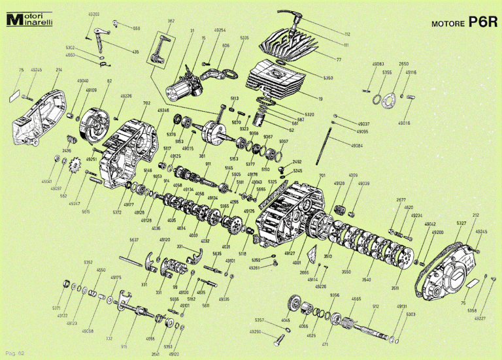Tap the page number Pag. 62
[x=15, y=353]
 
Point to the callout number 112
[x=346, y=34]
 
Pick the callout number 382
[x=171, y=21]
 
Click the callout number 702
[x=146, y=103]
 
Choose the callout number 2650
[x=404, y=64]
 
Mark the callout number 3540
[x=366, y=280]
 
